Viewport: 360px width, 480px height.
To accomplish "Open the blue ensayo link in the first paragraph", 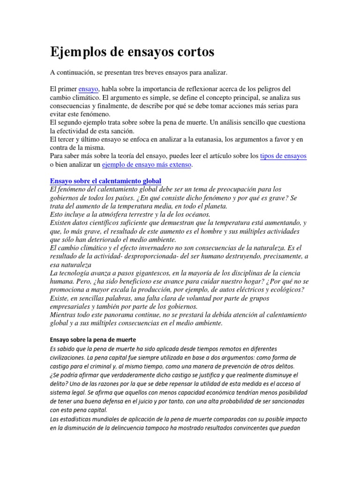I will pyautogui.click(x=88, y=89).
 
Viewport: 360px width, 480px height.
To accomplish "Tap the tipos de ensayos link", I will pyautogui.click(x=284, y=156).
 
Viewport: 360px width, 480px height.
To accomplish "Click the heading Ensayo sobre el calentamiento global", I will pyautogui.click(x=105, y=181).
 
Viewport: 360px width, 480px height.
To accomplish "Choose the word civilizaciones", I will pyautogui.click(x=71, y=358).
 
